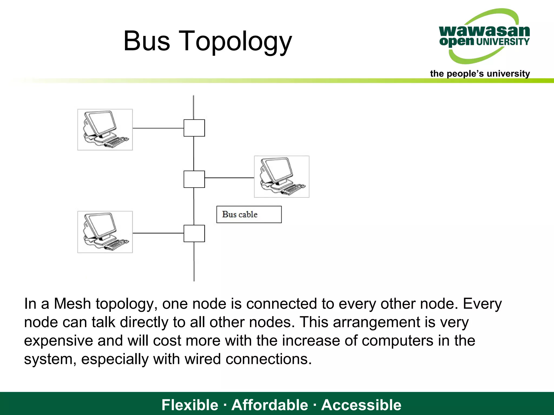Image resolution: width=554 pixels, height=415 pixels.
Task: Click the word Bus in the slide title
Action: coord(147,41)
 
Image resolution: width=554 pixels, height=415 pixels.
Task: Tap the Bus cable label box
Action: coord(249,215)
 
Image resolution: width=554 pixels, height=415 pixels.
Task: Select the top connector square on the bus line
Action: coord(194,128)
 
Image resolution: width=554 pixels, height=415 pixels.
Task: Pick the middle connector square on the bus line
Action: coord(194,179)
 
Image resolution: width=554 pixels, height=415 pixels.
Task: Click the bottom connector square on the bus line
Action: coord(194,233)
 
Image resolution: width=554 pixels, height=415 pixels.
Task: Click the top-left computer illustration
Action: coord(105,130)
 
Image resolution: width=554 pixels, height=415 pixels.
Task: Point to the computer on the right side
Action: coord(282,177)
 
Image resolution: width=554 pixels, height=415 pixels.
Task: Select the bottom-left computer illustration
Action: coord(105,232)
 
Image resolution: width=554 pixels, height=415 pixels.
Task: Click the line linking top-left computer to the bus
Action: coord(158,128)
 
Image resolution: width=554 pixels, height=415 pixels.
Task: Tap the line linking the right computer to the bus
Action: coord(229,178)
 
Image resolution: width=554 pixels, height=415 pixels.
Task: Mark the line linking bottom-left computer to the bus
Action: coord(158,233)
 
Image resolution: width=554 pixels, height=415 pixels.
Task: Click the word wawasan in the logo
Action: coord(484,31)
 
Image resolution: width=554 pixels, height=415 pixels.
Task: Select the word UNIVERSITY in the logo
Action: coord(503,42)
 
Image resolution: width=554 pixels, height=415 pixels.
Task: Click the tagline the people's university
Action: coord(480,73)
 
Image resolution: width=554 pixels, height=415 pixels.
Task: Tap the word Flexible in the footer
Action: coord(190,405)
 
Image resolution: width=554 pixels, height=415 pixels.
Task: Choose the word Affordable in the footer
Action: coord(270,405)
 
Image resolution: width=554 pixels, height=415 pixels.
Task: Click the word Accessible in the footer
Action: coord(361,405)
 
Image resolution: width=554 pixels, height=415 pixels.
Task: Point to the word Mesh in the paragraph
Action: coord(72,304)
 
